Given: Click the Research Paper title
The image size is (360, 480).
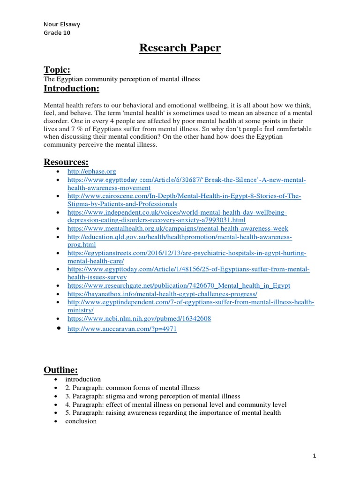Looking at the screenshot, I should point(180,48).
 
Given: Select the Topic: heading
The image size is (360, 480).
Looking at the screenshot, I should point(57,70).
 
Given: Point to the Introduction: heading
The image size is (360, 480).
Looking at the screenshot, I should point(71,89).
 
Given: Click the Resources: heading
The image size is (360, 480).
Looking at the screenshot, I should point(66,162).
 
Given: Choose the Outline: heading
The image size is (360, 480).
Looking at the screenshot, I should point(61,370).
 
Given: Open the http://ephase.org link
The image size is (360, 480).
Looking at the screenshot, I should point(91,172).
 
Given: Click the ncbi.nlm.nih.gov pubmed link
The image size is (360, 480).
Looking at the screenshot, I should point(139,318).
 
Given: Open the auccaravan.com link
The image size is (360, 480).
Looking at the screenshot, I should point(122,329).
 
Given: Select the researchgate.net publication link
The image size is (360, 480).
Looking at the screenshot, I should point(179,285).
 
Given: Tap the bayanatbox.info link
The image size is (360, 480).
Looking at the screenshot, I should point(162,293).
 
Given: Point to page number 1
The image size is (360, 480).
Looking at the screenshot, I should point(315,456).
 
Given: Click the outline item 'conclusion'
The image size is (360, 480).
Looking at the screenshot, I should point(81,421).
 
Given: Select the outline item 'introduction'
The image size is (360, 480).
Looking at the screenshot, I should point(82,379).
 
